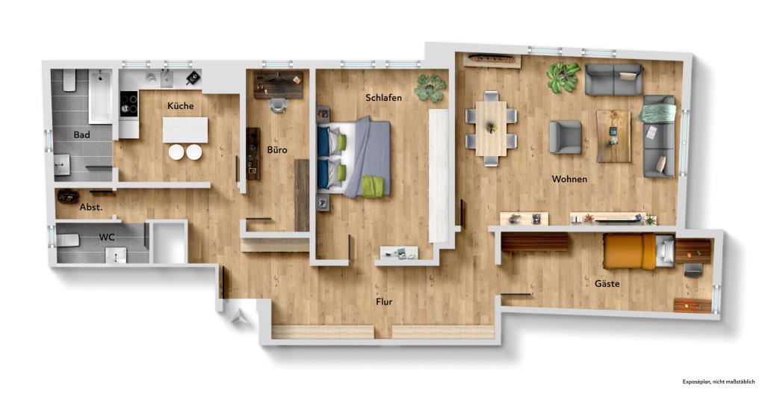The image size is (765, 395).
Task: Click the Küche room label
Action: click(x=180, y=106)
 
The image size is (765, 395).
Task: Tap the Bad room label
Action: click(x=82, y=135)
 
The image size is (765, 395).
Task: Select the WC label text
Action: click(x=107, y=237)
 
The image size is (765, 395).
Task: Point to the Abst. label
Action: click(x=90, y=207)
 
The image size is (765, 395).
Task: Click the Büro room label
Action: click(x=277, y=150)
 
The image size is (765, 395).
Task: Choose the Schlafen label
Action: click(x=384, y=98)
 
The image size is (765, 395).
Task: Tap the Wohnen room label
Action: click(x=569, y=179)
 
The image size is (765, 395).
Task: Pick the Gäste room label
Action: click(x=607, y=284)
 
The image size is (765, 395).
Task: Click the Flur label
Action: click(x=384, y=302)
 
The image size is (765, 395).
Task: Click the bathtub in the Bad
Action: click(x=100, y=96)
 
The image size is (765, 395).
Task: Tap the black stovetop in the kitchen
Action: click(x=128, y=103)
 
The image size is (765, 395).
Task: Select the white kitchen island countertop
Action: click(x=185, y=130)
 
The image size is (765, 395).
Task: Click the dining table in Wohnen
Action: click(x=491, y=128)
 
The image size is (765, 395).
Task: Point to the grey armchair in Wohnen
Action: click(x=564, y=137)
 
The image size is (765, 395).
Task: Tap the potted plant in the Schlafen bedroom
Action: click(x=430, y=88)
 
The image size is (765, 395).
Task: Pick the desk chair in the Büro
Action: click(x=278, y=105)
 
